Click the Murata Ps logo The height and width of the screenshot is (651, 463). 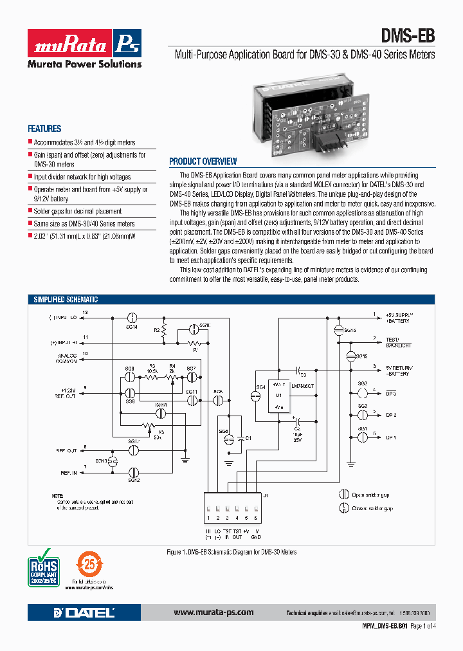click(x=84, y=43)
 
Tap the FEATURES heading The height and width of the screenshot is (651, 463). click(x=44, y=129)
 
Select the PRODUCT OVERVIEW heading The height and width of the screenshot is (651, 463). click(x=203, y=161)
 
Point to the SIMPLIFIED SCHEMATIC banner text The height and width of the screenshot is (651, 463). click(x=66, y=300)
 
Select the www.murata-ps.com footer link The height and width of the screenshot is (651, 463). click(x=213, y=612)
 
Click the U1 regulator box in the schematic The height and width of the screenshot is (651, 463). click(x=278, y=396)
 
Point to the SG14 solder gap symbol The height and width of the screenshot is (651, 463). click(x=132, y=318)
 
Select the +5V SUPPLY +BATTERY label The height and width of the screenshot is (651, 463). click(x=399, y=317)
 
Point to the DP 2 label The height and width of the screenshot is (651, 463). click(x=391, y=415)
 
